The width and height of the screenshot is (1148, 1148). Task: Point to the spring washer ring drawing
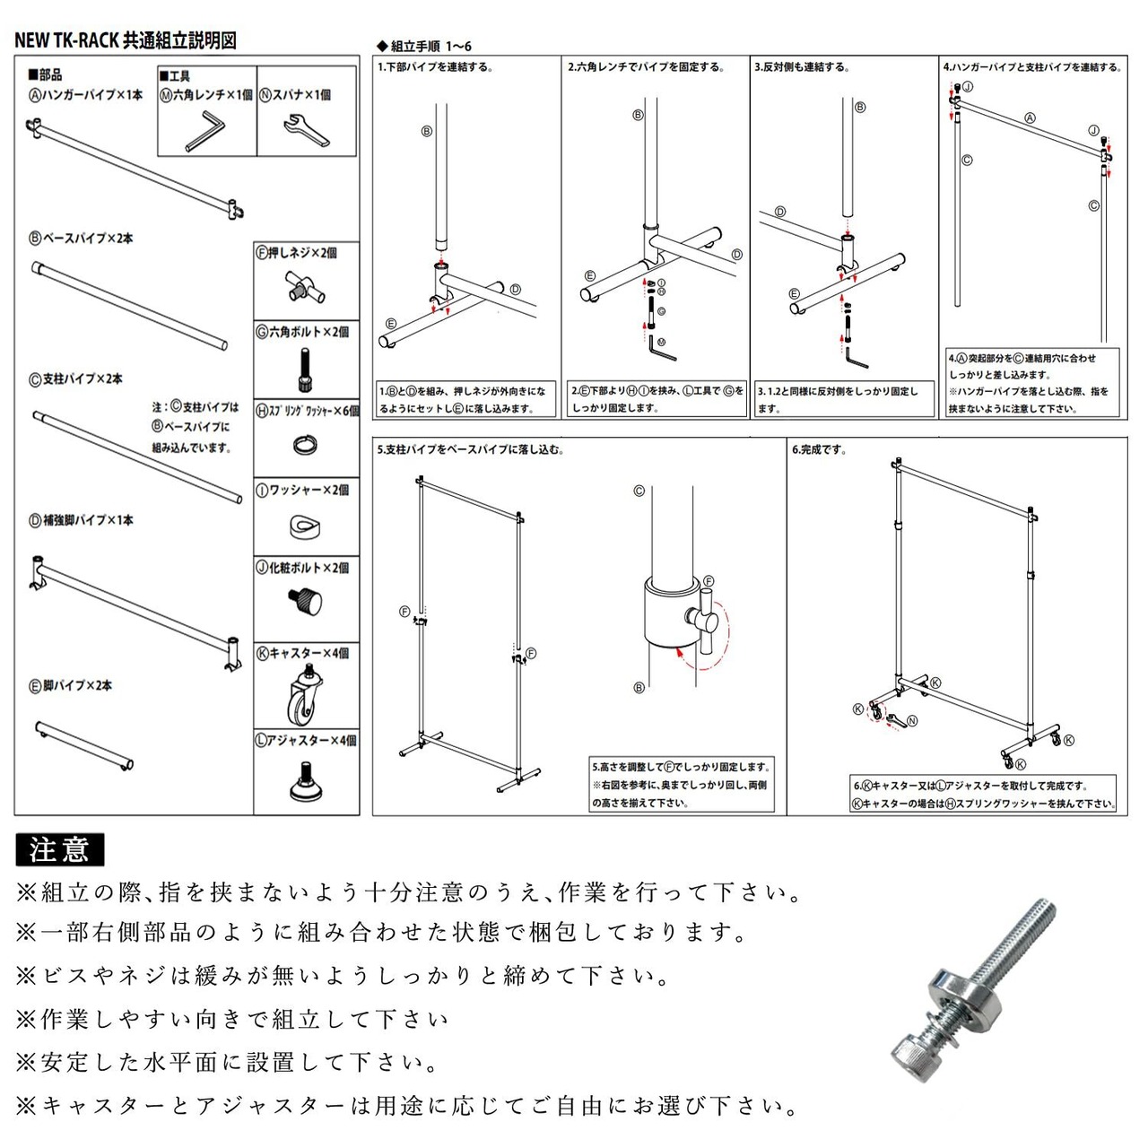pos(305,445)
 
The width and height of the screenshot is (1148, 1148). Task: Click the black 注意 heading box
pos(60,848)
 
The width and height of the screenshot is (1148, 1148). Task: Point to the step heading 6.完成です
pos(819,449)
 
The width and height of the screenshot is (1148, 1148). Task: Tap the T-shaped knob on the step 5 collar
pos(705,619)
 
